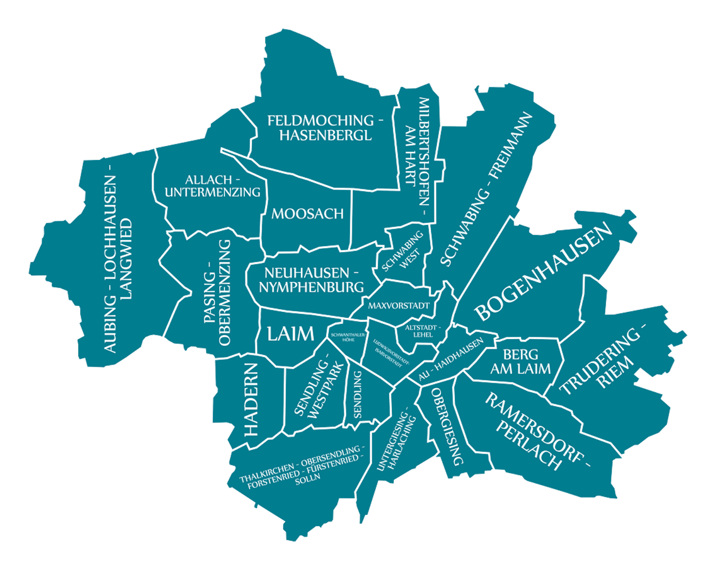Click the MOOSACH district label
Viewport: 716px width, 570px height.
point(307,214)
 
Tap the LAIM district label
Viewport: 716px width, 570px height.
point(290,333)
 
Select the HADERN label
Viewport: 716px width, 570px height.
point(251,399)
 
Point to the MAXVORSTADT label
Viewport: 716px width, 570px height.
point(399,305)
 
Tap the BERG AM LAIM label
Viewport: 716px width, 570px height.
point(520,362)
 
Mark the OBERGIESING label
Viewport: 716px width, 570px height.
point(447,426)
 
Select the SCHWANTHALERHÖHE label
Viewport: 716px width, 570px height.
point(348,337)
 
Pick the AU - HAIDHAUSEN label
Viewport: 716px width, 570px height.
point(451,359)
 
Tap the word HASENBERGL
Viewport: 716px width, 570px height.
point(325,135)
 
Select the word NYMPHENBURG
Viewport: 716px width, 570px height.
point(311,287)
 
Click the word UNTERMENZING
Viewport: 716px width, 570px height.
point(212,192)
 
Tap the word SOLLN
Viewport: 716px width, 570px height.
point(307,477)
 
